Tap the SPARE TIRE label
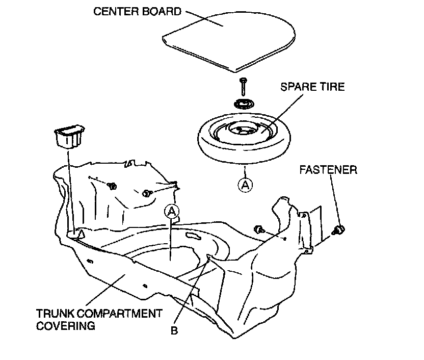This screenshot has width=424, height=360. click(313, 87)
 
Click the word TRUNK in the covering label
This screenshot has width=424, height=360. click(55, 313)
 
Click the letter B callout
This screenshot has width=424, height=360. click(174, 331)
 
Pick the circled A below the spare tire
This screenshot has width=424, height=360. click(245, 185)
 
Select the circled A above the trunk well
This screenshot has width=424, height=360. click(172, 211)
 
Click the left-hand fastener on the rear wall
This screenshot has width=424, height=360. click(111, 185)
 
